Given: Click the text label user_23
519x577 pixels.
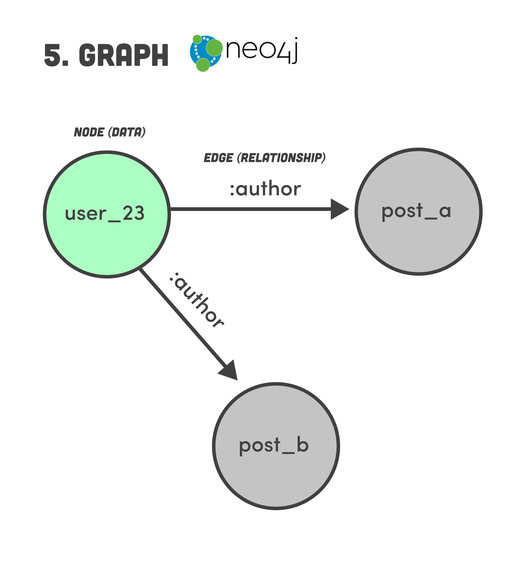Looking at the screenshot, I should [x=105, y=214].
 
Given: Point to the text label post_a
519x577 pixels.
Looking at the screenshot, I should [x=416, y=211].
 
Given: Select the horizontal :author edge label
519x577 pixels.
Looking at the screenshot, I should [x=265, y=189].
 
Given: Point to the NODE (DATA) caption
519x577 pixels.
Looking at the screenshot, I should [x=110, y=132].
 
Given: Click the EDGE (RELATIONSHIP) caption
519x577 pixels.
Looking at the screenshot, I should [x=265, y=158].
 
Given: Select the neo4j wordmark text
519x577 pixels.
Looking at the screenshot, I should [x=262, y=50].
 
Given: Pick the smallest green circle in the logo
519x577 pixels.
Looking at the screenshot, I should [x=197, y=39].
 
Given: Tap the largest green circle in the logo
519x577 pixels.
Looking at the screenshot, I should [x=214, y=48].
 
